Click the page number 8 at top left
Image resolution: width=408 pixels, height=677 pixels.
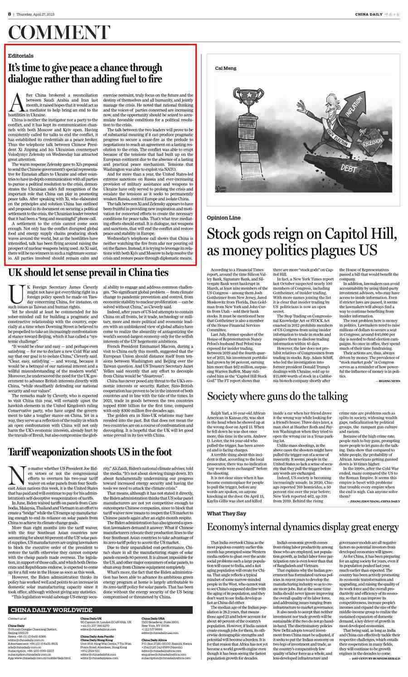tap(10, 14)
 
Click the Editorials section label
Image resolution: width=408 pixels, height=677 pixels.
tap(21, 56)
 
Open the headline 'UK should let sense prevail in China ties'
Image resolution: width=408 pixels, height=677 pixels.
tap(88, 273)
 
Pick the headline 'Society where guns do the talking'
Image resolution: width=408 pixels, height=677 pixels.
tap(277, 396)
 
